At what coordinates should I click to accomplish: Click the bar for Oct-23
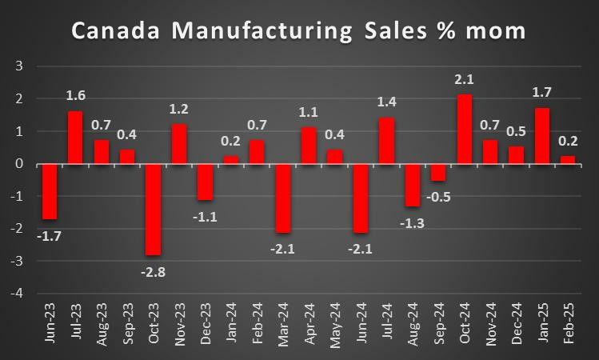point(154,210)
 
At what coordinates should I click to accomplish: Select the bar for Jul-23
point(76,138)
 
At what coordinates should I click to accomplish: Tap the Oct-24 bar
point(465,130)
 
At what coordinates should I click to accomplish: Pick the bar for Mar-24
point(283,198)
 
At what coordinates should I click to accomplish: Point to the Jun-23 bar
point(50,192)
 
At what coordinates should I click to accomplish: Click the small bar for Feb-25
point(569,161)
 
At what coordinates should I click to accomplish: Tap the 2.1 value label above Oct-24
point(465,80)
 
